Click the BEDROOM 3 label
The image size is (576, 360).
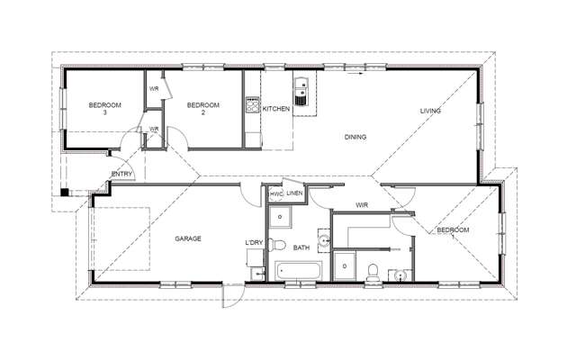tap(104, 109)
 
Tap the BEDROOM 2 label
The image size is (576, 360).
tap(202, 109)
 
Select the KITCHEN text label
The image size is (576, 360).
tap(275, 109)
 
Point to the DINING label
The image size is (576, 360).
tap(355, 137)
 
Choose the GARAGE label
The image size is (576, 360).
tap(187, 238)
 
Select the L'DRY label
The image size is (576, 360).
tap(253, 243)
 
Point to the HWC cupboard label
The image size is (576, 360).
tap(275, 193)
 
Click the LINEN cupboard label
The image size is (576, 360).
tap(294, 193)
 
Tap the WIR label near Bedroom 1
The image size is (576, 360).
tap(362, 205)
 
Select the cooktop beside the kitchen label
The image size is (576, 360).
tap(252, 107)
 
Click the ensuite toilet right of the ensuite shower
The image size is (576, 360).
tap(373, 267)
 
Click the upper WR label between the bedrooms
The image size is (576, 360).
tap(154, 89)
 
